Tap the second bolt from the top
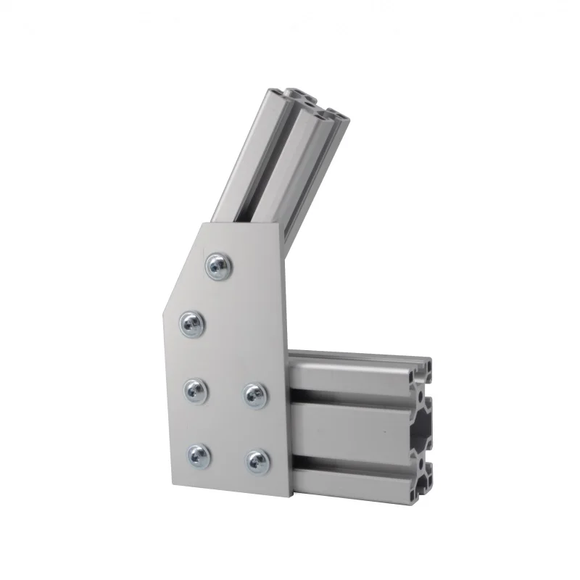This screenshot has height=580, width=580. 191,323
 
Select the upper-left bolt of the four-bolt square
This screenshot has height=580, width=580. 194,391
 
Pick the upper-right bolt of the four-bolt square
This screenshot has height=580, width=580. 253,394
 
